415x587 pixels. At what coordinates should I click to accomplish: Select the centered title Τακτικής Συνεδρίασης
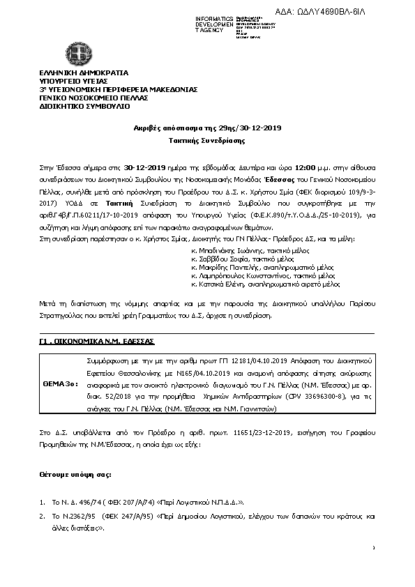[x=207, y=140]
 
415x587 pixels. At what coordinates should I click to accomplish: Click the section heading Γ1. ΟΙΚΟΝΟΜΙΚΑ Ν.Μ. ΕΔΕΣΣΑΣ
[x=96, y=343]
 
